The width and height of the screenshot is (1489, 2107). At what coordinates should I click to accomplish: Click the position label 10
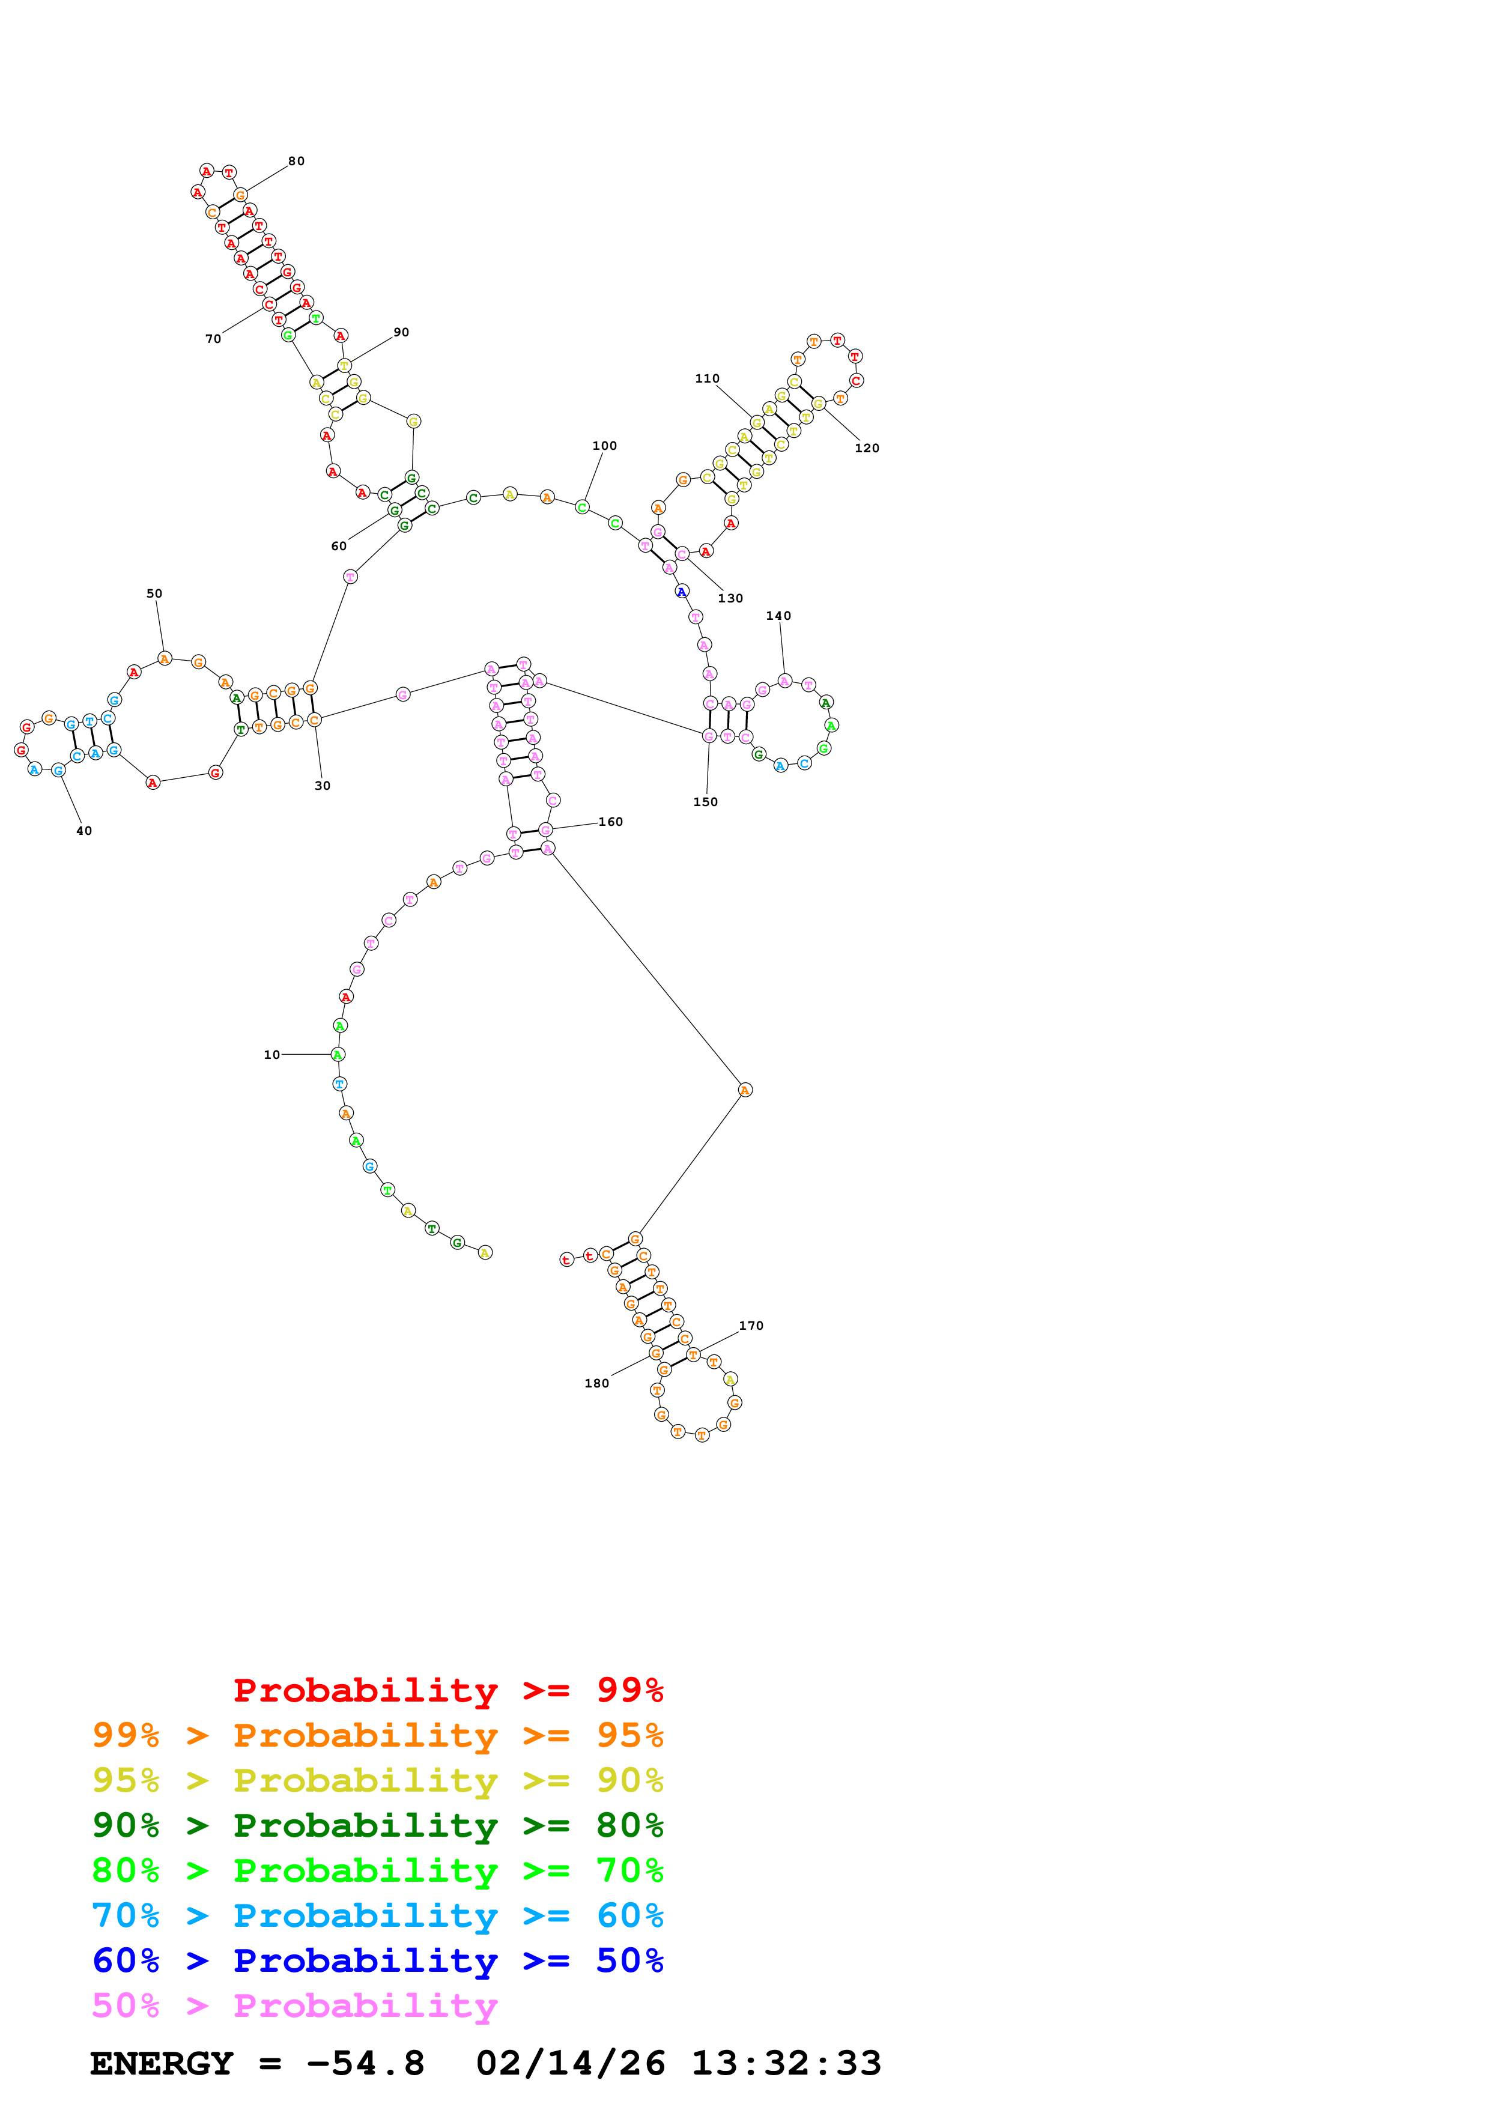tap(271, 1055)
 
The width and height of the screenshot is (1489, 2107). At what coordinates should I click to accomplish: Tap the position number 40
tap(83, 831)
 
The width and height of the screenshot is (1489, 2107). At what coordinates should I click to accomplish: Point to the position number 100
tap(605, 446)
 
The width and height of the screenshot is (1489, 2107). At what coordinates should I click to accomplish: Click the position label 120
tap(867, 448)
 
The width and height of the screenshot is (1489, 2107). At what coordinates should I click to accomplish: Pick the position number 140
tap(778, 616)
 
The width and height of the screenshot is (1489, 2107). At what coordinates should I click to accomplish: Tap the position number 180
tap(596, 1383)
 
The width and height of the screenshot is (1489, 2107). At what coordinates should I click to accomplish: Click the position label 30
tap(322, 786)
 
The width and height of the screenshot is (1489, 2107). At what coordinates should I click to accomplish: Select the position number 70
tap(213, 339)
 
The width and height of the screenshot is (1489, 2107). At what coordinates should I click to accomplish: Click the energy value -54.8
tap(365, 2063)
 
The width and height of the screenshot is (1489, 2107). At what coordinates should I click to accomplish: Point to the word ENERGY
tap(162, 2063)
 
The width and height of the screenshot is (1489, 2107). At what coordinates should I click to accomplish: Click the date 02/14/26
tap(570, 2063)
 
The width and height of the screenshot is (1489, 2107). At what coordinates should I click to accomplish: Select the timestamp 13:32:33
tap(786, 2063)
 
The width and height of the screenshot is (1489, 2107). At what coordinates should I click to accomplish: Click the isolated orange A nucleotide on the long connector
tap(745, 1090)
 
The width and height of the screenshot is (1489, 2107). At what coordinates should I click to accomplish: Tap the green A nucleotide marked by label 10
tap(338, 1055)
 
